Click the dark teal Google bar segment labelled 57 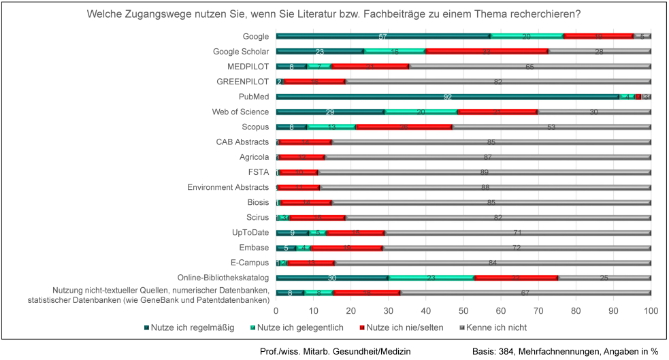click(x=382, y=36)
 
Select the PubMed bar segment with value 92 click(x=447, y=97)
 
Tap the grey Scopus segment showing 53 click(x=551, y=127)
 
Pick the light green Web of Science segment click(x=421, y=112)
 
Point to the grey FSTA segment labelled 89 click(x=485, y=172)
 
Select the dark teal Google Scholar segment click(x=319, y=51)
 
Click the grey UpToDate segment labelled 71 click(x=517, y=233)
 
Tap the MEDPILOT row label click(x=248, y=67)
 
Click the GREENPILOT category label click(x=243, y=82)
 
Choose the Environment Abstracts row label click(x=228, y=187)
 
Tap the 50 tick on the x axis click(x=463, y=310)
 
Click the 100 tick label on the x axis click(x=651, y=310)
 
